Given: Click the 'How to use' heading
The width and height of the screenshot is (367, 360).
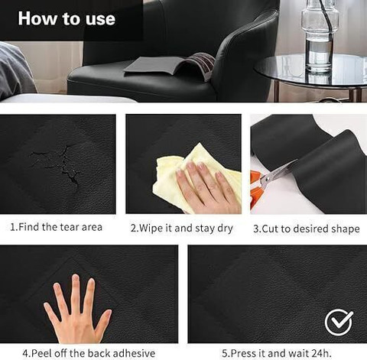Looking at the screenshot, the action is [x=67, y=18].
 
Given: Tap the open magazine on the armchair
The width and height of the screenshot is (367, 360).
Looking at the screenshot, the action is [x=171, y=66].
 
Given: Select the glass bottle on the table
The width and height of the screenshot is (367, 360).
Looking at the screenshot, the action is [x=320, y=36].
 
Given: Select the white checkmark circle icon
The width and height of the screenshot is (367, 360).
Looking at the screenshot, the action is [x=339, y=323].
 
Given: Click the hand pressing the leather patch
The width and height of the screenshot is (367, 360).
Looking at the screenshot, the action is [x=77, y=310].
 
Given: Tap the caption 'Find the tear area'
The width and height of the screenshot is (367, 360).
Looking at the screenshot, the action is [x=60, y=227].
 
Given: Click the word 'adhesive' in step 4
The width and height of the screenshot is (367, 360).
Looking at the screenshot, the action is [x=134, y=353].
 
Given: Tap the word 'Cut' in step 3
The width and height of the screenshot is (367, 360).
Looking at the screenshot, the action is [x=270, y=229].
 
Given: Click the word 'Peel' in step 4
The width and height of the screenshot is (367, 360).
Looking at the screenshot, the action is [x=42, y=353].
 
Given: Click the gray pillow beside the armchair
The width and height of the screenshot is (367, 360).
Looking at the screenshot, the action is [x=15, y=70].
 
